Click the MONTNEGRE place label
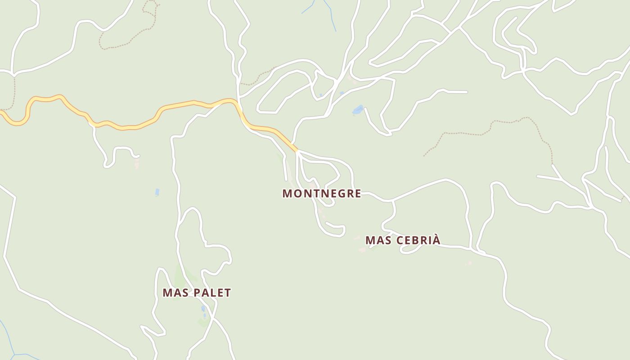321,193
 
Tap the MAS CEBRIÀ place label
403,240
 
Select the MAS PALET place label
197,292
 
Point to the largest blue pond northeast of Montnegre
358,109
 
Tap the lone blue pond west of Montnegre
157,192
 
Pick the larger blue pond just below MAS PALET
204,309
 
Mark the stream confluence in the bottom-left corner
13,355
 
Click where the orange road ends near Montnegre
297,151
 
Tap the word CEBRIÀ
418,240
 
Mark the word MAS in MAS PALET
175,292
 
